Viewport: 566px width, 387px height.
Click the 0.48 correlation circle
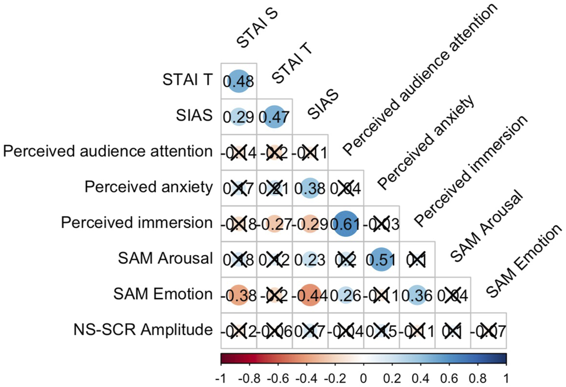(x=239, y=81)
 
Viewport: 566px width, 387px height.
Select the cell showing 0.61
(x=346, y=224)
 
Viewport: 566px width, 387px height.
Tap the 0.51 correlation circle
(x=382, y=259)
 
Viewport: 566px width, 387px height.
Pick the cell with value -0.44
(x=310, y=295)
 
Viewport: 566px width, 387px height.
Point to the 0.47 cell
(x=274, y=117)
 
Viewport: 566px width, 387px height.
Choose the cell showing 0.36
(x=417, y=295)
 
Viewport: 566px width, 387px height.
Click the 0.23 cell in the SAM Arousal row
(x=310, y=259)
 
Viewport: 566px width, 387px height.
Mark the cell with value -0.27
(x=274, y=224)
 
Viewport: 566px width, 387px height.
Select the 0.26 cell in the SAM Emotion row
(x=346, y=295)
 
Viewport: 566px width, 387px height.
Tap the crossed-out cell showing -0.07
(x=488, y=331)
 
